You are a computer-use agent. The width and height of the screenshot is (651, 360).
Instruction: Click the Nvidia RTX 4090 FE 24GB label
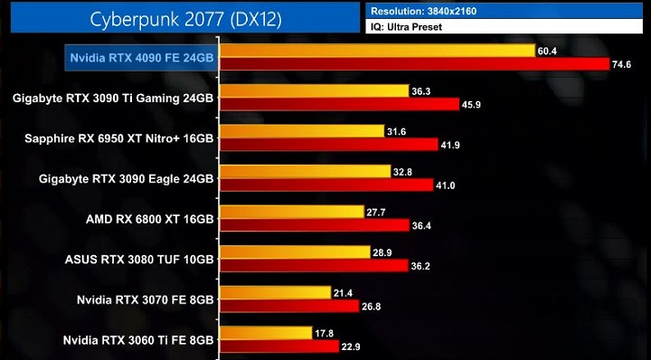[143, 58]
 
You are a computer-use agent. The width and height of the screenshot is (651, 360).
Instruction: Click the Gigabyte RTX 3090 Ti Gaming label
[114, 98]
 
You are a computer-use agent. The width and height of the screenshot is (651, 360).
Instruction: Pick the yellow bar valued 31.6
[302, 132]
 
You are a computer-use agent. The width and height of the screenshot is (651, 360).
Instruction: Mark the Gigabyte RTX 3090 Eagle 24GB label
[127, 179]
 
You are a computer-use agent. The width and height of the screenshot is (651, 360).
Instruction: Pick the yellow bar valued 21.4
[275, 292]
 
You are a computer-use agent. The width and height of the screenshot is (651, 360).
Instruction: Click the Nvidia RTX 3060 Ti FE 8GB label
[138, 340]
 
